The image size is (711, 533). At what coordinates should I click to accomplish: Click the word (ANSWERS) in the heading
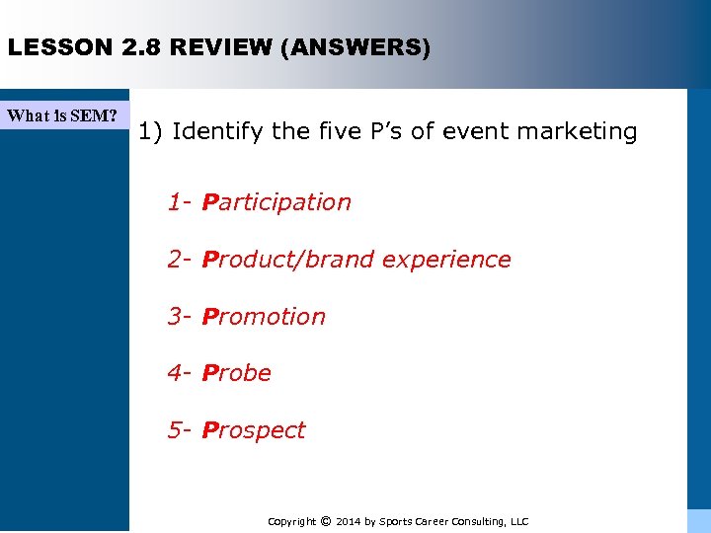[355, 47]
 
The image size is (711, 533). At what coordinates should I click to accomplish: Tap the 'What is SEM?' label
[62, 115]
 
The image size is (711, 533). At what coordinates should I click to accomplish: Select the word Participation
[276, 202]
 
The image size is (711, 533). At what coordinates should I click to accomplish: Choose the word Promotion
[264, 317]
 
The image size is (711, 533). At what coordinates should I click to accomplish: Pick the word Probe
[237, 373]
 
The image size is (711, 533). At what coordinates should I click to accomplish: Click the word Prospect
[254, 430]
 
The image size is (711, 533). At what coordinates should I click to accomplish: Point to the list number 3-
[180, 317]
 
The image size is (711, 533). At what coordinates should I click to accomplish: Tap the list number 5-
[180, 430]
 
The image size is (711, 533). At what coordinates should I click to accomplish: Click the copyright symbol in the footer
[325, 521]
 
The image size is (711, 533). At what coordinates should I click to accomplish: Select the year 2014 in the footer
[349, 521]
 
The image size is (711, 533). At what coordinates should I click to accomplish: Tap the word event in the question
[470, 131]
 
